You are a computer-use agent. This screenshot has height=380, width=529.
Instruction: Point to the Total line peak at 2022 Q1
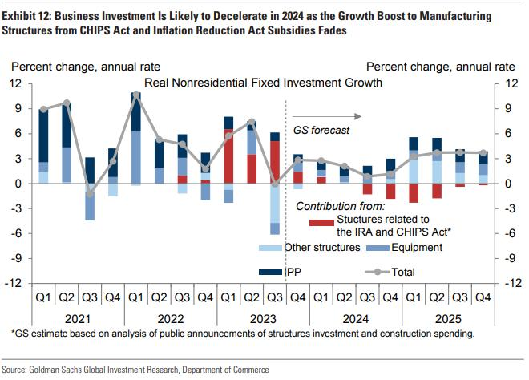pyautogui.click(x=136, y=95)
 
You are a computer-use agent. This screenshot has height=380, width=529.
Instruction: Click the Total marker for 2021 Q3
pyautogui.click(x=90, y=194)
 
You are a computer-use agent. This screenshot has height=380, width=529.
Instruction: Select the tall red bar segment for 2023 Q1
pyautogui.click(x=228, y=156)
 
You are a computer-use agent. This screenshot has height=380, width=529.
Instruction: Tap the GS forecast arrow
pyautogui.click(x=325, y=115)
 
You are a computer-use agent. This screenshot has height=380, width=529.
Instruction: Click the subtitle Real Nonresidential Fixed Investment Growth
pyautogui.click(x=263, y=83)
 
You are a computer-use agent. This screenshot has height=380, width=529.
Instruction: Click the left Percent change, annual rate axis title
pyautogui.click(x=85, y=67)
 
